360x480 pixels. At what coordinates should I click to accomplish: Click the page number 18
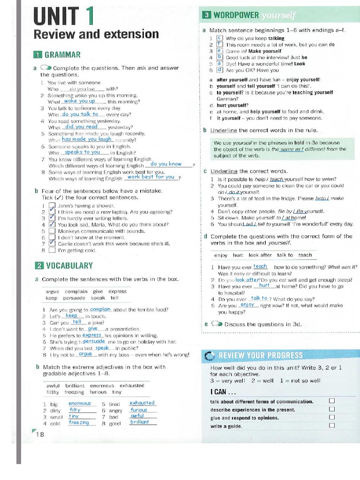[40, 434]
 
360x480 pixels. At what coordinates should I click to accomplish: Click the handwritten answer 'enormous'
[80, 403]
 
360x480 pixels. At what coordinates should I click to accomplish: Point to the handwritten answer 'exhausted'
[142, 403]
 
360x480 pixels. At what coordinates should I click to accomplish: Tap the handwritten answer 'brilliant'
[140, 422]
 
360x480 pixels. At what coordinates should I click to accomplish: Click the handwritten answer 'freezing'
[79, 422]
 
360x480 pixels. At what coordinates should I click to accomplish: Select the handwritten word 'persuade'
[94, 341]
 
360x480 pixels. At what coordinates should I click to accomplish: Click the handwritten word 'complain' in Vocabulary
[100, 309]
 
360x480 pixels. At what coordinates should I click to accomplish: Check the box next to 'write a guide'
[332, 426]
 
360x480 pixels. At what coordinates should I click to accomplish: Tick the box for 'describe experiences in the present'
[332, 409]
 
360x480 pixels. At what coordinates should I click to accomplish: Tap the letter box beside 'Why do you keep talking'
[219, 38]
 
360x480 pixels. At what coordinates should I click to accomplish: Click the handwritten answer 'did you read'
[81, 127]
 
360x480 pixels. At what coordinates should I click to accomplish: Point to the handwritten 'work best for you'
[150, 177]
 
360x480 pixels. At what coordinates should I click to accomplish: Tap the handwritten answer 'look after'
[246, 280]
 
